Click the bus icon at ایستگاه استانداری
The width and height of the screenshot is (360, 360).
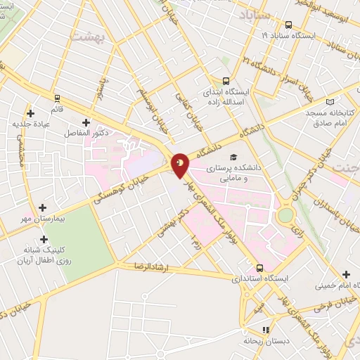tap(259, 268)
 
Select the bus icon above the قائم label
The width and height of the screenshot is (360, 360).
tap(57, 98)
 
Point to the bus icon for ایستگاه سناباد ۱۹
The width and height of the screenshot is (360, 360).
tap(288, 23)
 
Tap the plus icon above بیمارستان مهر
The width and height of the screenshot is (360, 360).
tap(44, 207)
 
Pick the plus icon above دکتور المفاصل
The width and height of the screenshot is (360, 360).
tap(86, 122)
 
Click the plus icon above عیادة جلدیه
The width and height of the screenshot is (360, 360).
tap(30, 112)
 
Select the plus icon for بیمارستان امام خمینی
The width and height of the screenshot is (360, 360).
tap(345, 274)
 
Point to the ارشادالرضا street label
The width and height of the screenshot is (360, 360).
tap(144, 267)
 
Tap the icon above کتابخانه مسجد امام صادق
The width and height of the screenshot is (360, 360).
tap(309, 101)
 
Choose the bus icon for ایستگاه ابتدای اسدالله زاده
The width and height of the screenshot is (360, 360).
tap(226, 81)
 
